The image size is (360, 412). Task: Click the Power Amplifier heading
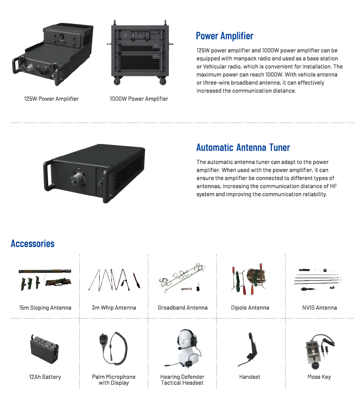pos(224,36)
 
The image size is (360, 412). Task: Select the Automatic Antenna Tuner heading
pos(243,147)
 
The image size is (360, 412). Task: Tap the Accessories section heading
pos(33,244)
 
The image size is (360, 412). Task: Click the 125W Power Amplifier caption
pos(51,99)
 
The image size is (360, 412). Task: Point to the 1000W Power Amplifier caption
pos(139,99)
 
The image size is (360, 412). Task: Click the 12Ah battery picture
pos(44,349)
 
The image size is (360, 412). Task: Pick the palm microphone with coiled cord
pos(114,348)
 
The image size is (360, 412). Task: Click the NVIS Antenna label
pos(319,308)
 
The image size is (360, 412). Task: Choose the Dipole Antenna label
pos(250,308)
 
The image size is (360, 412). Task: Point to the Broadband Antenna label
pos(182,308)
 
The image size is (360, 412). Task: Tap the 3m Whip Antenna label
pos(114,308)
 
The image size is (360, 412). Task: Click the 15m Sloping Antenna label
pos(45,308)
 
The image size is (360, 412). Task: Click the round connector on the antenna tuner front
pos(77,179)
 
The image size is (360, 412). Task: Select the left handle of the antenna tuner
pos(48,176)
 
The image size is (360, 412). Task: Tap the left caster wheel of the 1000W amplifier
pos(117,81)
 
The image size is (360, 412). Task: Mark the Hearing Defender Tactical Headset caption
pos(182,380)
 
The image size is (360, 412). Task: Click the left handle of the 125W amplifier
pos(18,66)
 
